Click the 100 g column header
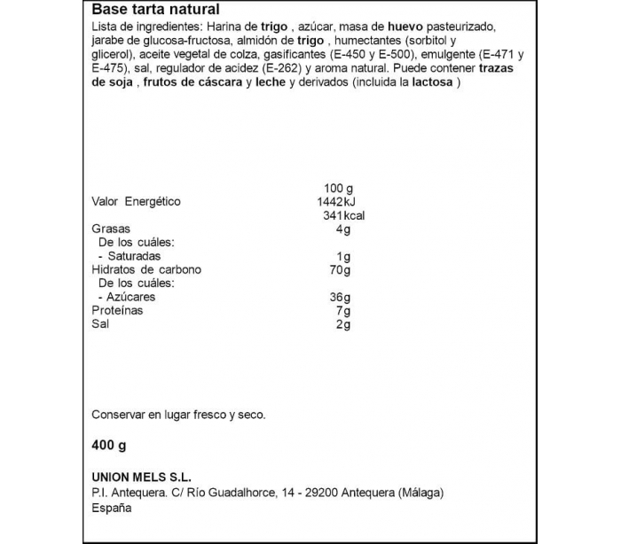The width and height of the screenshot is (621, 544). pos(339,187)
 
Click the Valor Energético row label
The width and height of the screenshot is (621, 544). pos(136,201)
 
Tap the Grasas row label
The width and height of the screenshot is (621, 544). pos(112,229)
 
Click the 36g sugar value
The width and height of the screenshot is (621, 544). pos(341,297)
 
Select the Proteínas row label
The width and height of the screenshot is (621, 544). pos(117,311)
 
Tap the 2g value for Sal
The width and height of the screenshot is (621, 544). pos(344,324)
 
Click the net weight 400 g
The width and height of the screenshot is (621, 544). pos(110,446)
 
